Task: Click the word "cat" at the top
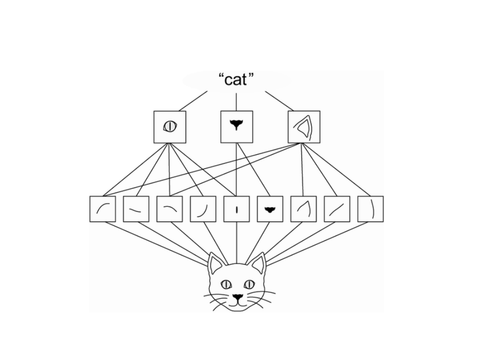point(237,80)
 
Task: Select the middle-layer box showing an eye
point(170,127)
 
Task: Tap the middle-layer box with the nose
point(236,127)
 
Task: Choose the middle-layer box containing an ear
point(304,127)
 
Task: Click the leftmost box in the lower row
point(102,209)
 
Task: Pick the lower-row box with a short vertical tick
point(236,209)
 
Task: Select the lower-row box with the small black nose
point(270,209)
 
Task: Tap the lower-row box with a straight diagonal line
point(337,209)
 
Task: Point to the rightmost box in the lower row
point(371,209)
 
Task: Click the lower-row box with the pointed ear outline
point(303,209)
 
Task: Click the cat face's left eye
point(226,284)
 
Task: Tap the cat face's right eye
point(249,284)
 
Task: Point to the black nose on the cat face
point(237,297)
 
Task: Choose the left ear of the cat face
point(215,264)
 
